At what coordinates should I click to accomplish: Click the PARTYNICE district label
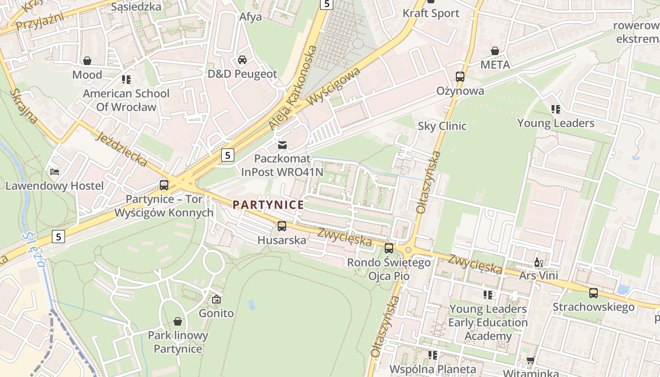(268, 205)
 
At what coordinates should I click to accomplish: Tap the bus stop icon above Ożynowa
(460, 76)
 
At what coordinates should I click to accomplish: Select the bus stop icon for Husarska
(282, 226)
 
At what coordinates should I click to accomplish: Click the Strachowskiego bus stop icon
(593, 293)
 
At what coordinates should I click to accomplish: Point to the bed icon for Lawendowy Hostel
(55, 172)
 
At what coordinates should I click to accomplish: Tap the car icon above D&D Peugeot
(242, 60)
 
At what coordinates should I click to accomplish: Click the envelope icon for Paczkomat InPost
(282, 145)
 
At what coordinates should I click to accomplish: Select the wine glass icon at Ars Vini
(538, 262)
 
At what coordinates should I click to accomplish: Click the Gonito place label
(216, 313)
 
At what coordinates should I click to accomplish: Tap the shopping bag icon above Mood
(87, 61)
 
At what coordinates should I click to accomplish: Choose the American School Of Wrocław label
(126, 100)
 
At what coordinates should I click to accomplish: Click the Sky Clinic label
(442, 126)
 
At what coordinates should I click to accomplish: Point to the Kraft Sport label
(430, 13)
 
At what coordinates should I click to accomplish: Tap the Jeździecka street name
(122, 149)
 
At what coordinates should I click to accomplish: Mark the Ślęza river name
(33, 250)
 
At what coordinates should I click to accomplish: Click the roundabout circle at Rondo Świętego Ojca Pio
(408, 250)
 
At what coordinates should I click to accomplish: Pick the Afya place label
(250, 16)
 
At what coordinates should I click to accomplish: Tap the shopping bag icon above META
(495, 51)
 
